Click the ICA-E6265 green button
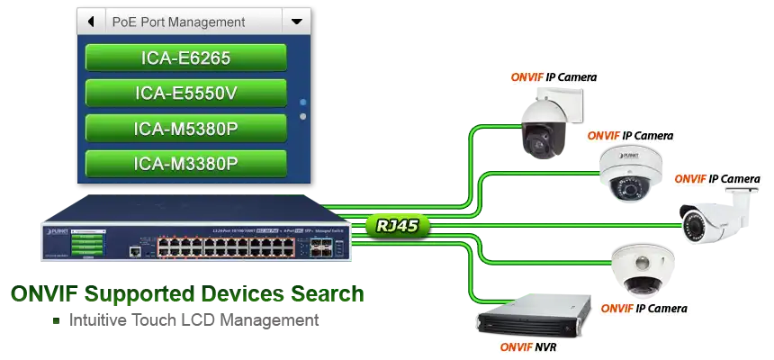click(186, 58)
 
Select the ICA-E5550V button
click(186, 94)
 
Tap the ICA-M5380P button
click(186, 129)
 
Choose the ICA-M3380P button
click(186, 164)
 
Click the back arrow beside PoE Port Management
click(91, 21)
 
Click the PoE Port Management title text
click(178, 22)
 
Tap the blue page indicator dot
click(303, 103)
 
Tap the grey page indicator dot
click(303, 117)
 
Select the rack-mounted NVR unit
click(535, 319)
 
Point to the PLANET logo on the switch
click(56, 221)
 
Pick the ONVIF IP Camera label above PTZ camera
click(553, 77)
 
